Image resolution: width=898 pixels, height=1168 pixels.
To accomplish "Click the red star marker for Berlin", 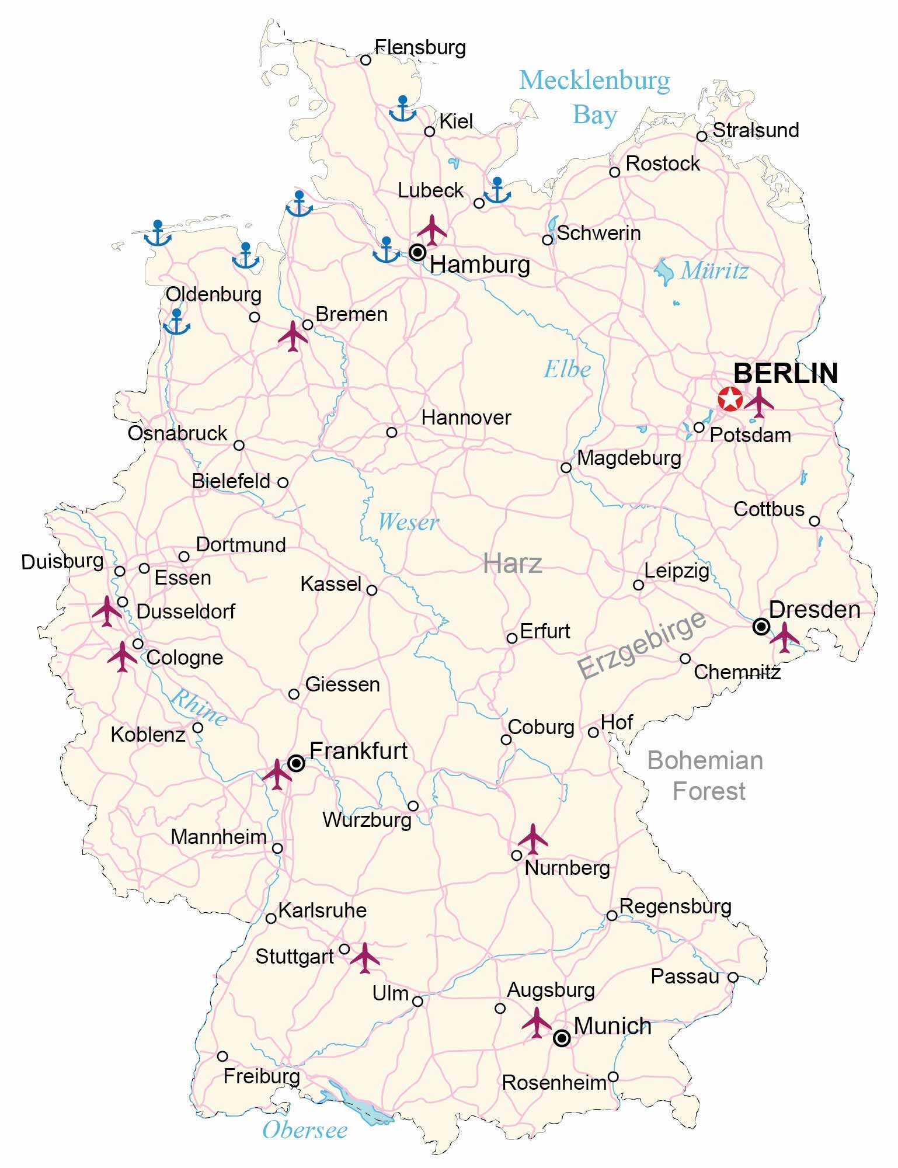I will [x=730, y=399].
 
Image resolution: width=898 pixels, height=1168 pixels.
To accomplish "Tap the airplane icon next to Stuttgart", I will [x=365, y=958].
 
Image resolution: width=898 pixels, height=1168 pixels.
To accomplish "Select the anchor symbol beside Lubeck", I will [x=497, y=191].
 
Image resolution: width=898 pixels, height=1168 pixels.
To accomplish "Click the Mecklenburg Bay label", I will [x=594, y=97].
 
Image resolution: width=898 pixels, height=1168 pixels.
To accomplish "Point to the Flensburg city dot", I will [x=366, y=60].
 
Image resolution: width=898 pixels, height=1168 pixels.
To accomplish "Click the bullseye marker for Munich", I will [x=562, y=1038].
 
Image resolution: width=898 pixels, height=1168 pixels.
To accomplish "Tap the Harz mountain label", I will [x=513, y=564].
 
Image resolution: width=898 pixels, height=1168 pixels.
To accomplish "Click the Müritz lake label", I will [x=714, y=270].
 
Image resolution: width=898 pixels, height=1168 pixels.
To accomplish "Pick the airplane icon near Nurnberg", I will [x=533, y=839].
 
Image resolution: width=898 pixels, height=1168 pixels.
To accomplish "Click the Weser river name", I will [x=408, y=522].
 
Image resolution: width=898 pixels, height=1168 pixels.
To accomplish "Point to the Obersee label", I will [x=305, y=1130].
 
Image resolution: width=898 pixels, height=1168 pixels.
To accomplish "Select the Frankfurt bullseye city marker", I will [x=296, y=763].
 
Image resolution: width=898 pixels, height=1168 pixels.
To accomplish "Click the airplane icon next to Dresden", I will [x=784, y=637].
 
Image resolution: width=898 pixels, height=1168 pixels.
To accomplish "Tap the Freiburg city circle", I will [x=222, y=1056].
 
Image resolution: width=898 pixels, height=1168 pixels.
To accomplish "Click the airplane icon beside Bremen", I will [x=293, y=336].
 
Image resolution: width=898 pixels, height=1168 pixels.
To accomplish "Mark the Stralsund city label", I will [x=756, y=130].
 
